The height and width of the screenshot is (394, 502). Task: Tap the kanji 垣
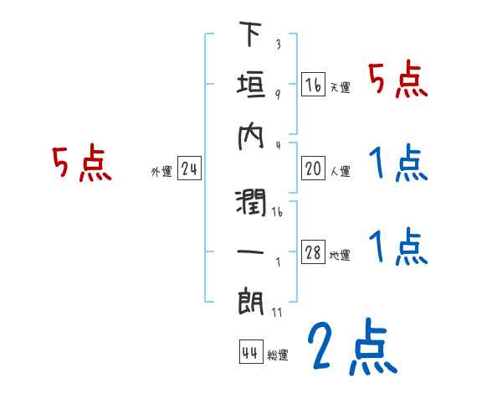[251, 85]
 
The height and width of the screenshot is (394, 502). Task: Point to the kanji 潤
[251, 202]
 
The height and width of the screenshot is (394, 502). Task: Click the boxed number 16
[313, 86]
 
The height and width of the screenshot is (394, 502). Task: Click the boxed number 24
[189, 170]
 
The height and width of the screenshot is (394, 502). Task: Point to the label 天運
[340, 87]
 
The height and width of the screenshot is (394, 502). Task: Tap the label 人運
[340, 172]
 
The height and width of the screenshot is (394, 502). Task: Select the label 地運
[340, 256]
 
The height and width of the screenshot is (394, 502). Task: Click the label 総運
[278, 355]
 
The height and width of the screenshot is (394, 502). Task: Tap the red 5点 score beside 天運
[398, 81]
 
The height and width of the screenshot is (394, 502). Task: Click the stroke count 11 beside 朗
[278, 313]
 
